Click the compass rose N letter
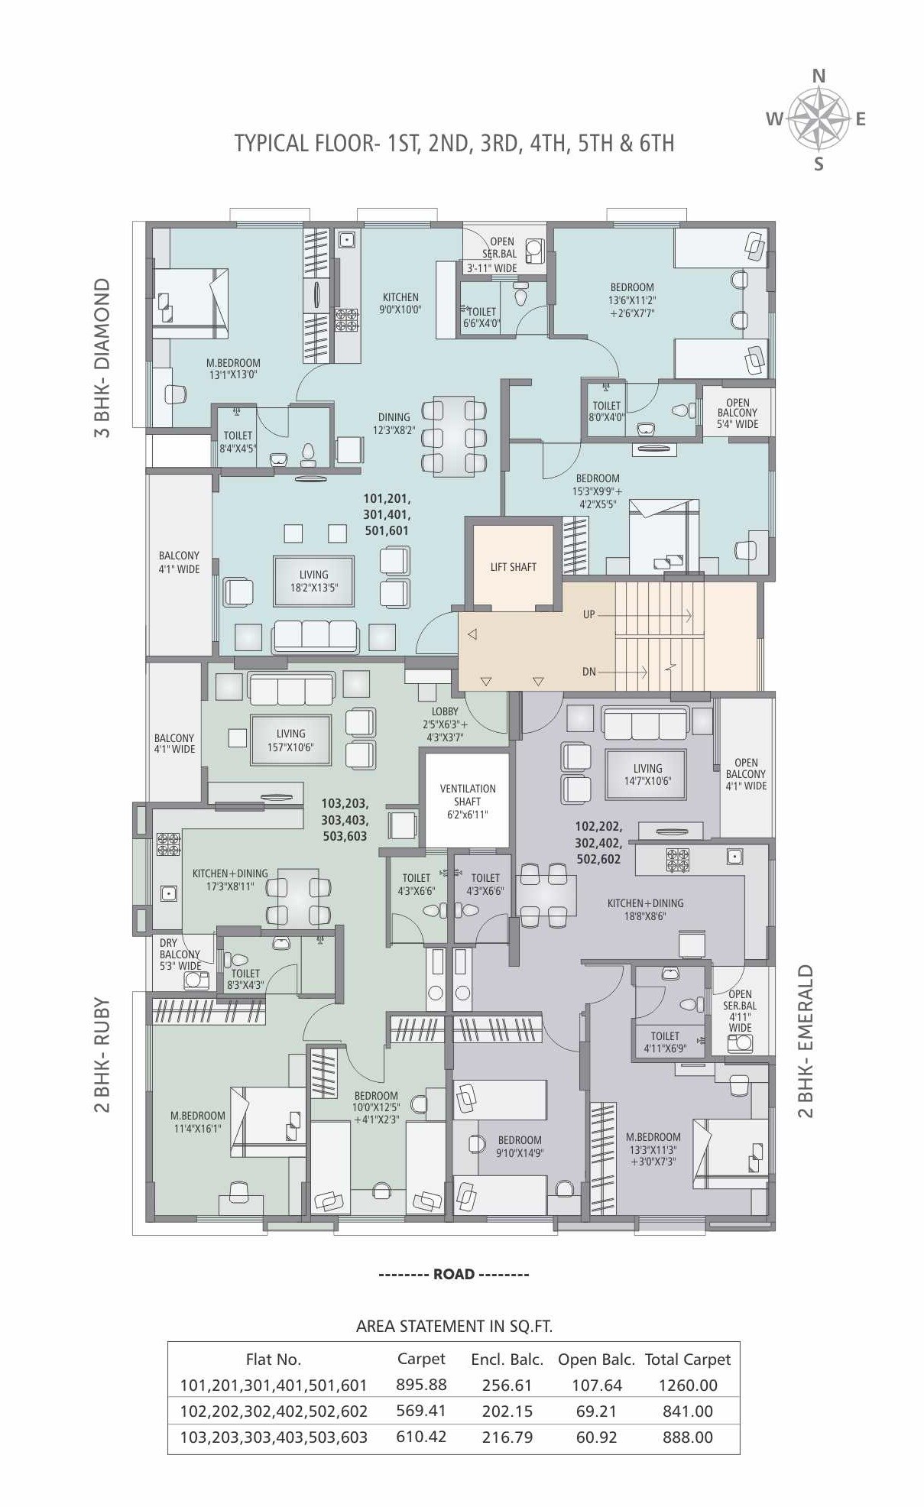click(x=818, y=76)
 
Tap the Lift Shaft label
click(x=513, y=567)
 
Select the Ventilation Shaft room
click(x=467, y=801)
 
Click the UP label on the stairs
click(x=588, y=614)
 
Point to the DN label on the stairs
click(x=588, y=672)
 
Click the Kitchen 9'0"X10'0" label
click(x=400, y=303)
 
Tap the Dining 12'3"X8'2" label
click(x=394, y=423)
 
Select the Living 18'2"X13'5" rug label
click(x=313, y=581)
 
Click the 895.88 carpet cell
click(x=421, y=1384)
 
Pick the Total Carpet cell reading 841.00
click(x=687, y=1411)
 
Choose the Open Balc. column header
click(x=595, y=1359)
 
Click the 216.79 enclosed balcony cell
click(x=507, y=1437)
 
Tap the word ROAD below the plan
click(x=454, y=1274)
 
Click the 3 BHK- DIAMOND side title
click(x=102, y=357)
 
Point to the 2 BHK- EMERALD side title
click(x=806, y=1041)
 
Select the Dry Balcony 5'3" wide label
click(x=179, y=954)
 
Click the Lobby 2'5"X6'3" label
click(x=445, y=724)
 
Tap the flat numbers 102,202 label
click(x=598, y=842)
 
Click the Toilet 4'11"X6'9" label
click(x=664, y=1042)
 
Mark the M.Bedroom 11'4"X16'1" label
click(x=197, y=1122)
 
